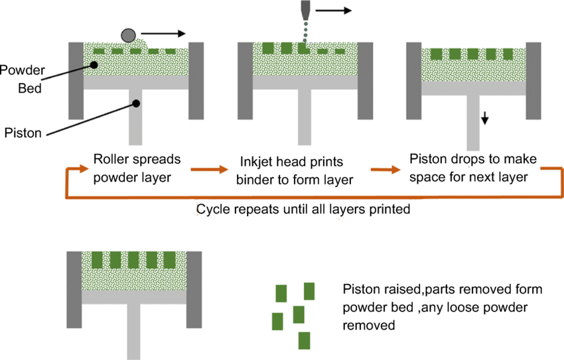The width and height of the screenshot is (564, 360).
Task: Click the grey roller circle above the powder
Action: (x=128, y=34)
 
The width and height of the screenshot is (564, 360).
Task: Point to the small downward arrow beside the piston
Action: (x=485, y=117)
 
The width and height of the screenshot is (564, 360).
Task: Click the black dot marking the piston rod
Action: (x=135, y=103)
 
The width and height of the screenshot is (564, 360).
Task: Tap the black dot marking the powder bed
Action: (x=95, y=65)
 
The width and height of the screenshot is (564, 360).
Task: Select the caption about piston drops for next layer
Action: (x=473, y=168)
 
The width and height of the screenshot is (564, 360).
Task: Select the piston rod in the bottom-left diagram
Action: (x=135, y=331)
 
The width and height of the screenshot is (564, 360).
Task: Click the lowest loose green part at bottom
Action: (x=305, y=340)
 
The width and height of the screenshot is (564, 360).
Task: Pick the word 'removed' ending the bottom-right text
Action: (x=369, y=326)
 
